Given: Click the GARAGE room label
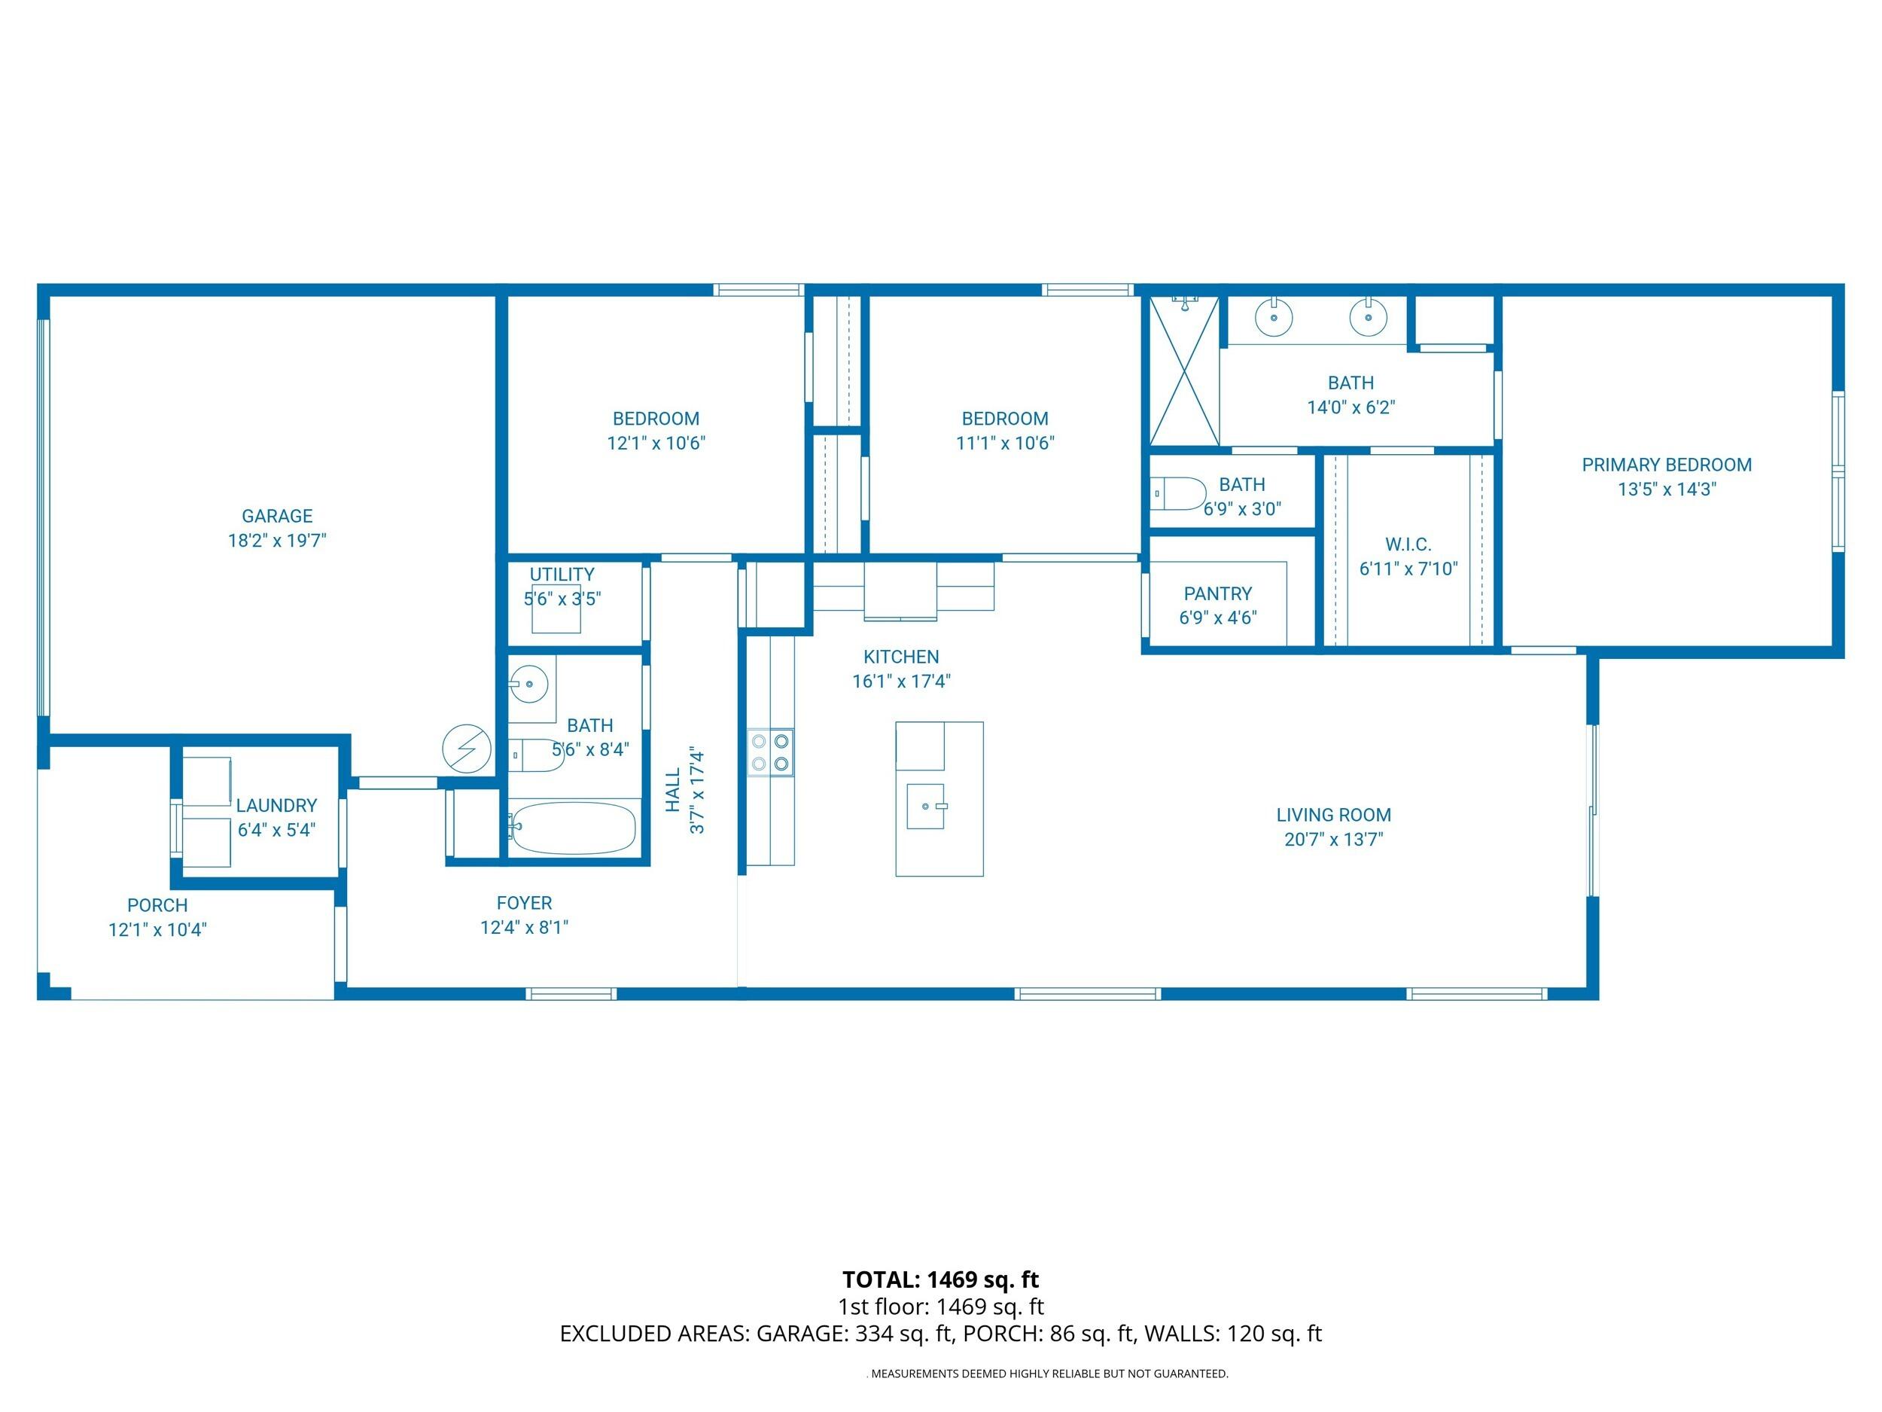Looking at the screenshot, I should [x=276, y=516].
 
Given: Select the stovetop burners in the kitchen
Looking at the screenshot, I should [x=770, y=752].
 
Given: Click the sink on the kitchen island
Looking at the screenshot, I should [x=926, y=805].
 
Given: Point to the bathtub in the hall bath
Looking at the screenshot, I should [x=574, y=828].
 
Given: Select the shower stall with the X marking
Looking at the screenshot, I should [x=1183, y=371].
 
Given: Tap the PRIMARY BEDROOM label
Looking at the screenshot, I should [x=1666, y=465].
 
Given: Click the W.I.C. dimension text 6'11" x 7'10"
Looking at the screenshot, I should [x=1408, y=569].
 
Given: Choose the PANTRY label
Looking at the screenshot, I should [x=1217, y=593].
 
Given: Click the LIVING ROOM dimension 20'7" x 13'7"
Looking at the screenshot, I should [x=1333, y=839].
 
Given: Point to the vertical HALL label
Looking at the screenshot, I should [x=673, y=791].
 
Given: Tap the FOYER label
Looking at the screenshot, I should [x=524, y=903].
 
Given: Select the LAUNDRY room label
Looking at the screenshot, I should [x=276, y=805].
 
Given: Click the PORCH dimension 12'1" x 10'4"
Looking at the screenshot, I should [x=157, y=929].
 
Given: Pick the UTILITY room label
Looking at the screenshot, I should [x=562, y=575].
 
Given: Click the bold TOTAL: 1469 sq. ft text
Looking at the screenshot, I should [x=940, y=1279].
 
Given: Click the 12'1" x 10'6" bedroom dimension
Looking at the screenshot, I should [x=656, y=443].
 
